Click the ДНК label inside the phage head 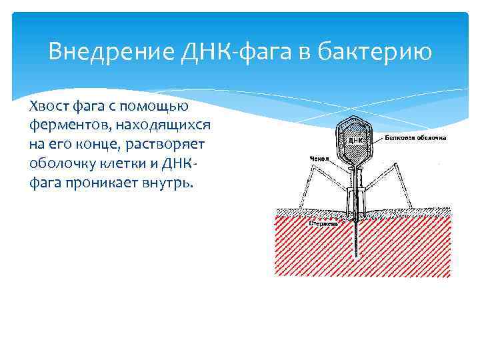[355, 141]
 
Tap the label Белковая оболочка [415, 139]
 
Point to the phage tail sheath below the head [356, 190]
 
